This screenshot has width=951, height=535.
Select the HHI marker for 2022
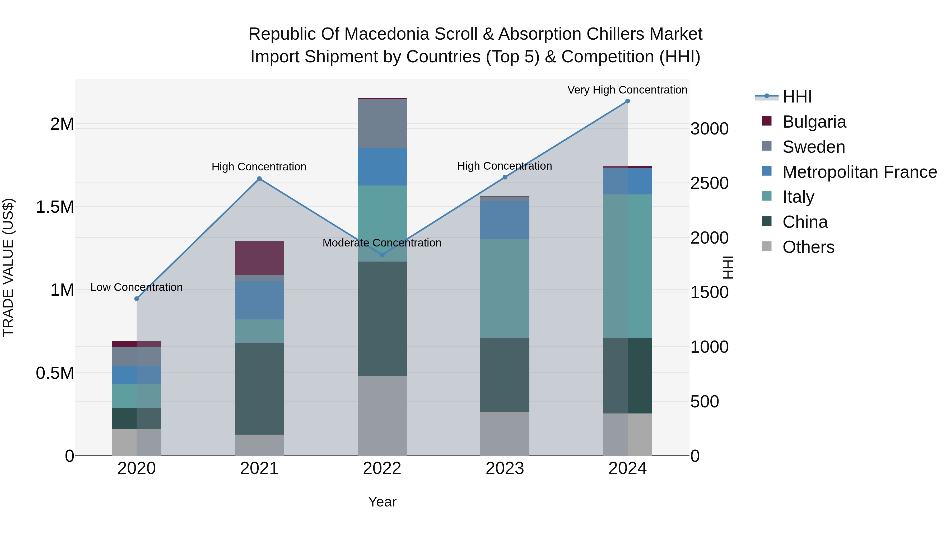click(x=382, y=254)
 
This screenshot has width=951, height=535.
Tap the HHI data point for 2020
click(x=137, y=298)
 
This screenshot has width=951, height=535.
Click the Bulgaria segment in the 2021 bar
click(x=259, y=258)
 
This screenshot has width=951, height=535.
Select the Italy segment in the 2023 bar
click(x=505, y=288)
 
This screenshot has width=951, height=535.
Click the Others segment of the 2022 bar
click(x=382, y=415)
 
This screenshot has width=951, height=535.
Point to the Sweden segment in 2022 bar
click(x=382, y=124)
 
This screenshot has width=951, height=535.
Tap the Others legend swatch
click(x=767, y=246)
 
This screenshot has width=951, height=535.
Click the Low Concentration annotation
click(x=136, y=287)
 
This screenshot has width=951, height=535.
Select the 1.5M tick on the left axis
click(x=55, y=207)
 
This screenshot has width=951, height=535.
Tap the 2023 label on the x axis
click(x=505, y=468)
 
